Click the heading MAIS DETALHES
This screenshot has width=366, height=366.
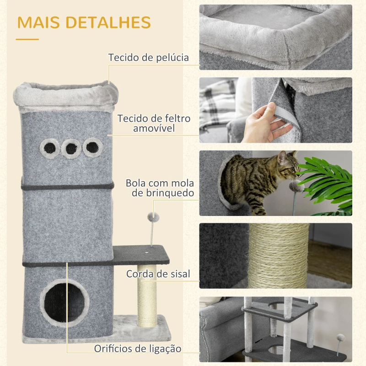[x=84, y=22]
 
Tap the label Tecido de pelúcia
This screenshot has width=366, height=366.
[x=148, y=58]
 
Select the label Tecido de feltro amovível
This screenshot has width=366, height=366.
[x=154, y=123]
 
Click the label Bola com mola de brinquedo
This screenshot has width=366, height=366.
[x=160, y=188]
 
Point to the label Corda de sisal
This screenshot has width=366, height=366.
[x=158, y=274]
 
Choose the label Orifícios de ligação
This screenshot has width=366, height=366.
[x=138, y=349]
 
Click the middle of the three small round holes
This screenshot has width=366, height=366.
[x=71, y=148]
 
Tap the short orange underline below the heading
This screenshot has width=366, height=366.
[x=27, y=39]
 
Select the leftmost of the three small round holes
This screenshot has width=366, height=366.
[x=48, y=147]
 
